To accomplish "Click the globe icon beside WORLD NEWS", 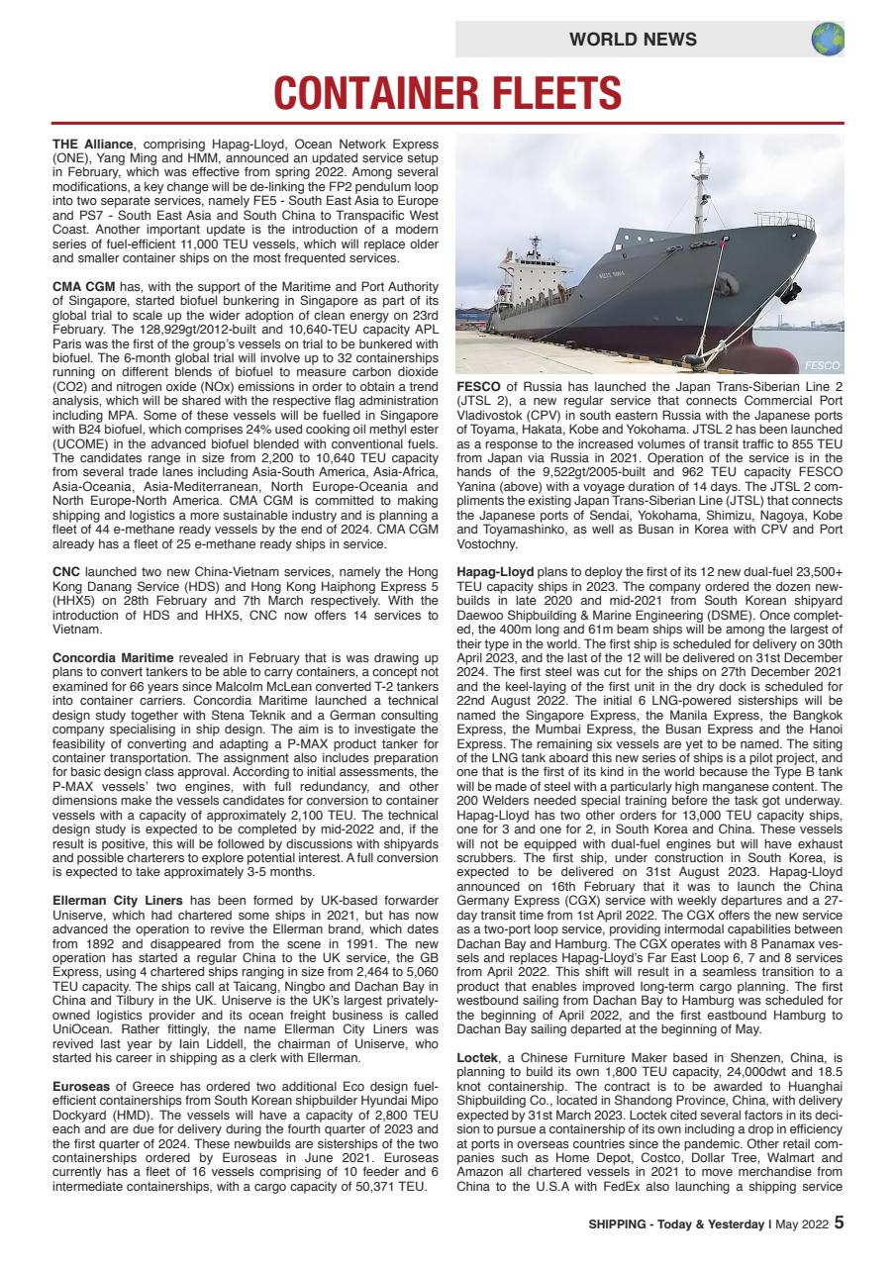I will [827, 39].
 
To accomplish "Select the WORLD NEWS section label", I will [633, 40].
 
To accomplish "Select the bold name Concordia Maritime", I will [113, 658].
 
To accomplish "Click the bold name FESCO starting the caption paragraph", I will [479, 385].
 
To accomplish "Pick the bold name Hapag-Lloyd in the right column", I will [495, 572].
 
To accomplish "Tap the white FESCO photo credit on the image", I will [821, 365].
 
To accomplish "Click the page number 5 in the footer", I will [839, 1222].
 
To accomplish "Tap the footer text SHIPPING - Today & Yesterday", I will [676, 1223].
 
